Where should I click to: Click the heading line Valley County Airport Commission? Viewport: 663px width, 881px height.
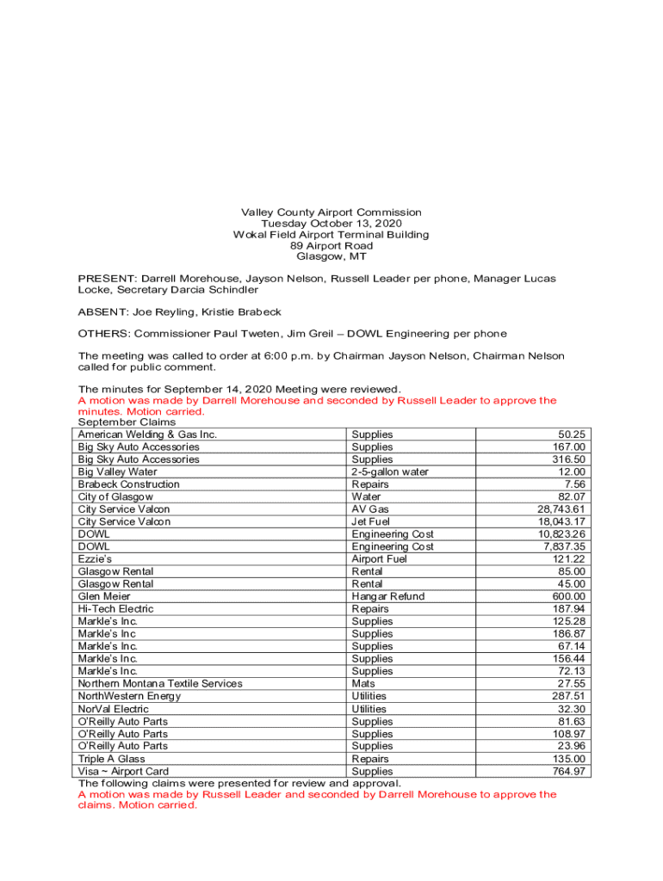pyautogui.click(x=331, y=213)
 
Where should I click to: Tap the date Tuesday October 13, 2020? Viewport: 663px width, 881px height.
pyautogui.click(x=331, y=224)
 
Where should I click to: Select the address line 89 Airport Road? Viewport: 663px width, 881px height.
pyautogui.click(x=331, y=246)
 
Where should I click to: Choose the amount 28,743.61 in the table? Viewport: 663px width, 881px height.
pyautogui.click(x=561, y=509)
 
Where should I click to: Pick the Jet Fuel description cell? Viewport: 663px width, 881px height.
pyautogui.click(x=371, y=521)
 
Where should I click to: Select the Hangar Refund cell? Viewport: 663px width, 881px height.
pyautogui.click(x=387, y=596)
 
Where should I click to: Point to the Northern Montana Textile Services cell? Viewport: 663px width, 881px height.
pyautogui.click(x=160, y=684)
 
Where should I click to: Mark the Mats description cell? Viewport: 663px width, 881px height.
pyautogui.click(x=363, y=684)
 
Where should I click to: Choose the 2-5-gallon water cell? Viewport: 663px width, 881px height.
pyautogui.click(x=390, y=471)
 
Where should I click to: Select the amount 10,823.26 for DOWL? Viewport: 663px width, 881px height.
pyautogui.click(x=561, y=534)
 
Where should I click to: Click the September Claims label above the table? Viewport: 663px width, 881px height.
pyautogui.click(x=127, y=422)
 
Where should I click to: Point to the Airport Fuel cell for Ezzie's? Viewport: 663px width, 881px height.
pyautogui.click(x=380, y=559)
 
